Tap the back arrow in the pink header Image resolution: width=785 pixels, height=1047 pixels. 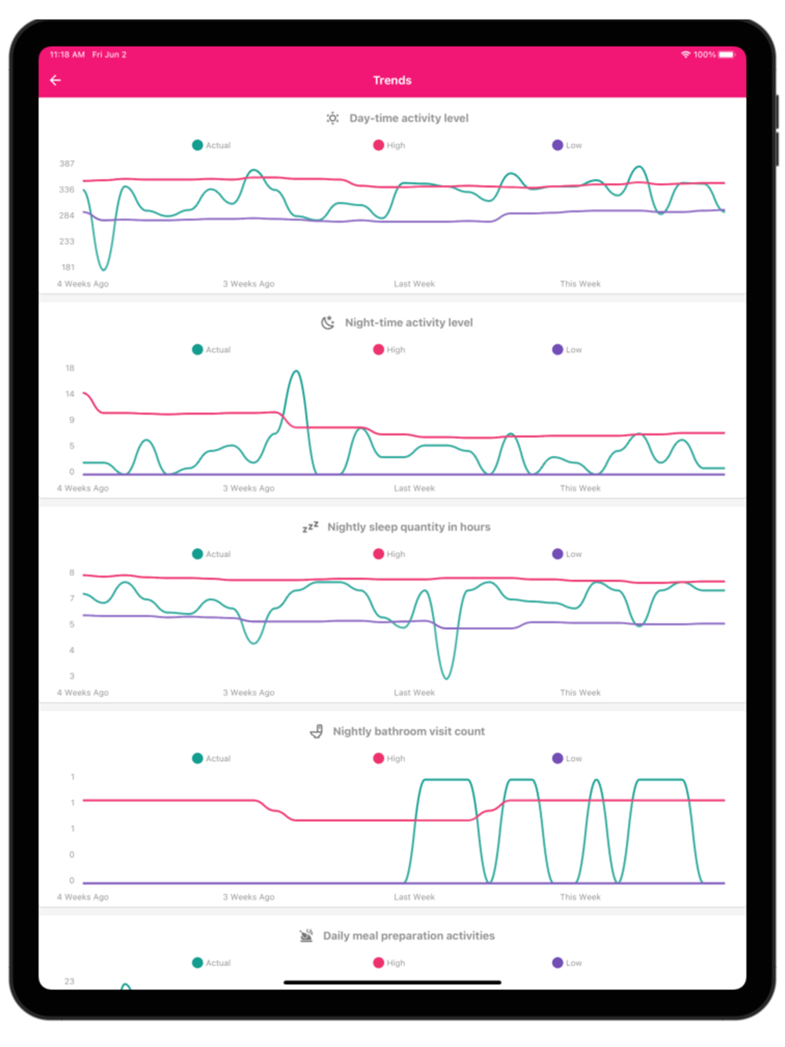click(56, 80)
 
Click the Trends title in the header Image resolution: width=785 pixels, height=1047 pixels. click(392, 80)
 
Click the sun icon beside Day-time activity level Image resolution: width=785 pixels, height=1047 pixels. click(333, 118)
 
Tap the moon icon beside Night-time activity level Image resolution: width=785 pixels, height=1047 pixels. click(328, 323)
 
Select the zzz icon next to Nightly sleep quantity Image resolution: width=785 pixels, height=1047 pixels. click(311, 527)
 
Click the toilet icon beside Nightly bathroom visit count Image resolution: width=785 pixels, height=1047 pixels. click(316, 731)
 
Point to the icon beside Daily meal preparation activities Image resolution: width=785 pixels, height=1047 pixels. click(306, 936)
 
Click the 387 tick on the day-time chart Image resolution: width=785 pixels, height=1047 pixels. click(67, 163)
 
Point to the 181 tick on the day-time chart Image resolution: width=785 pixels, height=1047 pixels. click(68, 267)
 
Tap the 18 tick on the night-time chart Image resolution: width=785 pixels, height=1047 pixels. click(70, 368)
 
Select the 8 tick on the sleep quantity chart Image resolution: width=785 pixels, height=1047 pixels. click(71, 572)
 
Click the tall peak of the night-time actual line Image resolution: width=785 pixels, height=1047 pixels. click(296, 372)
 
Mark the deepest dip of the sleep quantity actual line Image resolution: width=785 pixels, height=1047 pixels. click(446, 677)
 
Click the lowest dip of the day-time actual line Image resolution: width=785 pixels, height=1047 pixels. click(103, 268)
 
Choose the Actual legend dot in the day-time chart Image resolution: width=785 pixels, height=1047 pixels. click(198, 145)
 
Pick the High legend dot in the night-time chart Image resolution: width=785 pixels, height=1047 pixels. click(378, 349)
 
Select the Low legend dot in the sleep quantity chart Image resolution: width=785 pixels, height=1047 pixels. click(557, 554)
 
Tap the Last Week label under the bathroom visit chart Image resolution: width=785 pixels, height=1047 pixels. click(414, 897)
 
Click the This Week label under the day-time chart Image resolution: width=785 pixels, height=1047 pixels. click(580, 284)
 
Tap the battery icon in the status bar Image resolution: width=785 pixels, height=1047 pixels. click(726, 55)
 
